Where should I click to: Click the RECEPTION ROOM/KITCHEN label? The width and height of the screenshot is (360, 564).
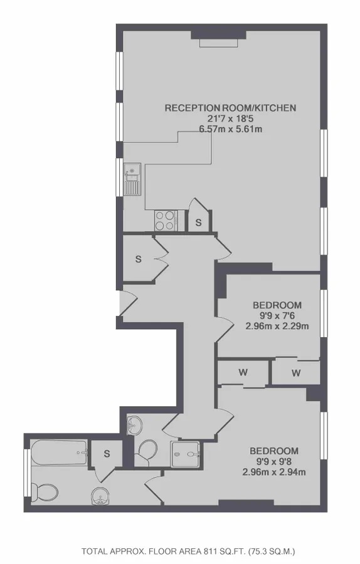click(x=230, y=108)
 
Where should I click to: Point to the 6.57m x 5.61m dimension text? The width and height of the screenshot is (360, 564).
click(x=230, y=128)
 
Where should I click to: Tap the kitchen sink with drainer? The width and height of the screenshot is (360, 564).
click(x=132, y=179)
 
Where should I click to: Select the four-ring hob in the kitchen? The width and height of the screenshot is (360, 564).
click(x=165, y=220)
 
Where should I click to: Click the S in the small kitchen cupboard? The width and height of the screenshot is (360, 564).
click(x=199, y=222)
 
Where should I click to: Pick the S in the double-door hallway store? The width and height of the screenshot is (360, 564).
click(x=139, y=259)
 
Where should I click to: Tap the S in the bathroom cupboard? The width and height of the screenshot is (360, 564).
click(x=107, y=454)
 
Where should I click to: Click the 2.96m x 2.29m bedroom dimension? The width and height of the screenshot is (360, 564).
click(x=277, y=326)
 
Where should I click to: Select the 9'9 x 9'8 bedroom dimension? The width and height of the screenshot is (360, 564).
click(x=274, y=461)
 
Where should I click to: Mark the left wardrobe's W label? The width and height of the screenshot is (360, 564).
click(x=243, y=372)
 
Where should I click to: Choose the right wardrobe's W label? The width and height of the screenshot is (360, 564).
click(x=296, y=373)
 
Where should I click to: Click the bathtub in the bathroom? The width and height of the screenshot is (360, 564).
click(x=60, y=453)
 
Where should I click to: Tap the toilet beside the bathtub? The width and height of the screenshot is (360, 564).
click(x=45, y=493)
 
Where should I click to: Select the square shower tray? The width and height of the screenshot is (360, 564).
click(x=185, y=454)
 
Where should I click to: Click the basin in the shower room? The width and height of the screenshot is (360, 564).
click(x=135, y=425)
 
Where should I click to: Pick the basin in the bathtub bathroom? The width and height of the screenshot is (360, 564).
click(x=100, y=496)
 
